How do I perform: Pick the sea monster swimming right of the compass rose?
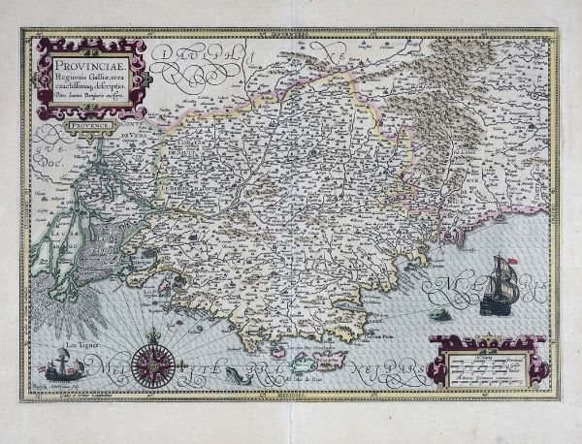234,373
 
